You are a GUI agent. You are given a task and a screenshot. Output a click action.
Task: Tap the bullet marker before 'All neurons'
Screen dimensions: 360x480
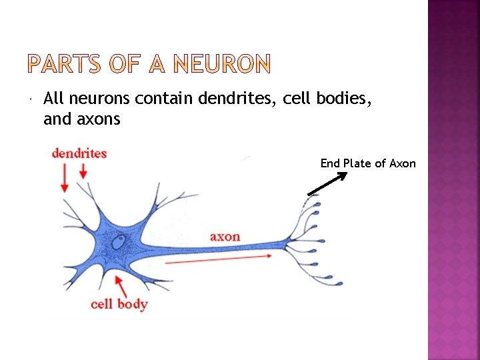[33, 100]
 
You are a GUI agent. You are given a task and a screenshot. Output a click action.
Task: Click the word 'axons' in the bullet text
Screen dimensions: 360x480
[98, 119]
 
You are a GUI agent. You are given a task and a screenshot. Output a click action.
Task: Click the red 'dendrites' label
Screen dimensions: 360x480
[79, 153]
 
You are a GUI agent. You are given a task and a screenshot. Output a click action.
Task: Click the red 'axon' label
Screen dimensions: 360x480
[225, 237]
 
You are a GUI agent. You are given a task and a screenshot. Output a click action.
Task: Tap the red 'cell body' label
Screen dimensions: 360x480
[119, 305]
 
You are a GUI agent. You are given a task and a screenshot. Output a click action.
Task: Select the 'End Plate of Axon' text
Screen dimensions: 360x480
[368, 163]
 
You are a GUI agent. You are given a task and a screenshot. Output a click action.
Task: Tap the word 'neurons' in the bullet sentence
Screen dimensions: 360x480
[99, 99]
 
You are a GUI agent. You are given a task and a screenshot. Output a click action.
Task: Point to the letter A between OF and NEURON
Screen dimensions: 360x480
[157, 65]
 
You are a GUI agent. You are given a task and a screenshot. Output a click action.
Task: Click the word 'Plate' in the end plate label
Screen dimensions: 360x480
[357, 163]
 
